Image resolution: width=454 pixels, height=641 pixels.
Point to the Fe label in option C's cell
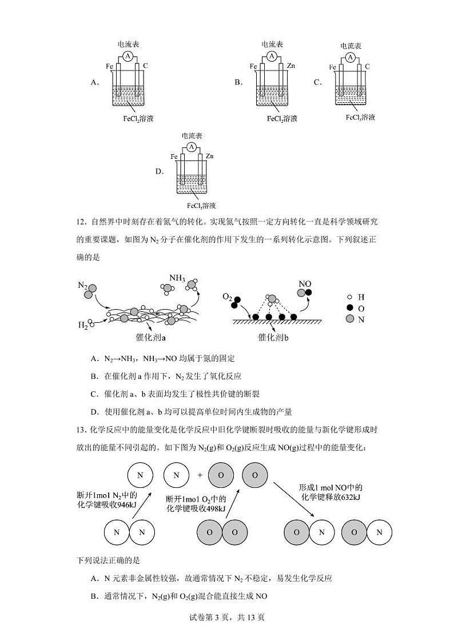tap(333, 67)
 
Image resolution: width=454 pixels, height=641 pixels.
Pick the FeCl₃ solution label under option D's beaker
tap(201, 206)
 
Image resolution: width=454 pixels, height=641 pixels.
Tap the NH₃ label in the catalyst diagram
tap(177, 278)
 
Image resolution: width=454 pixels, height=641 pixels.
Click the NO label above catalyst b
tap(305, 283)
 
